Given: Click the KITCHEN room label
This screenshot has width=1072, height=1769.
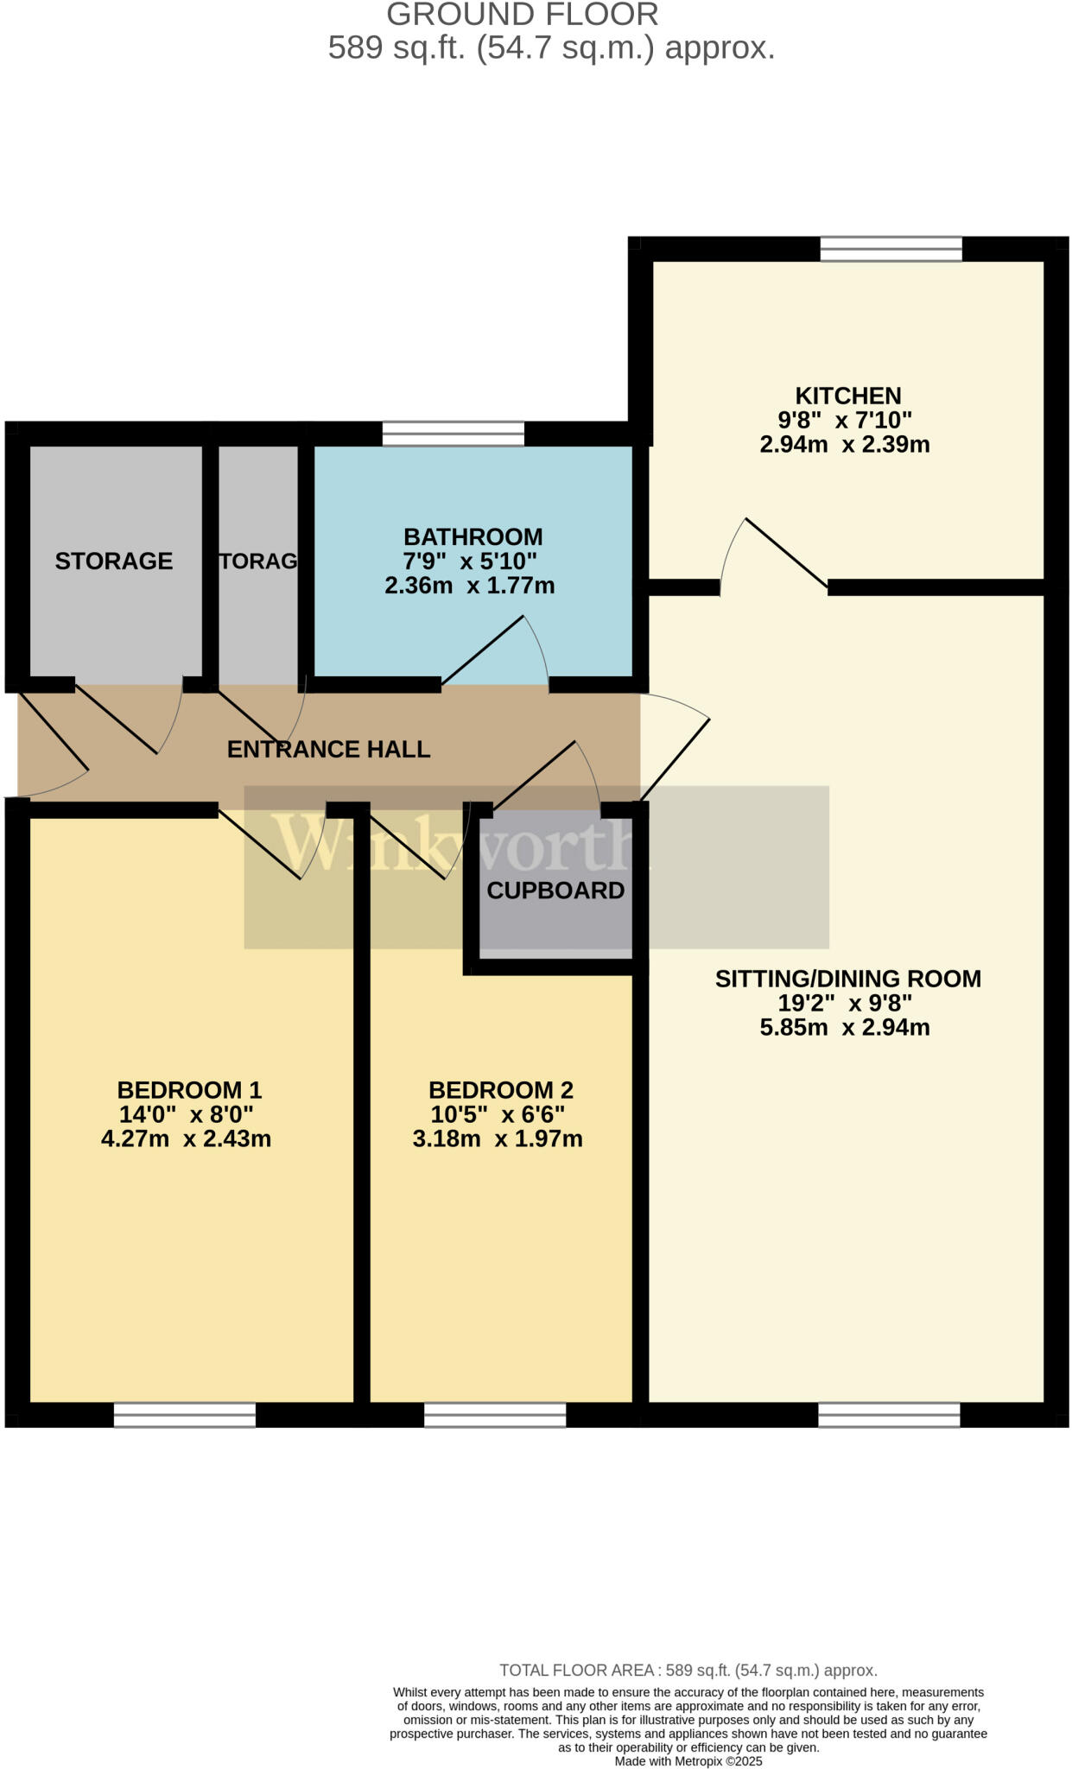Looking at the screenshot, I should pyautogui.click(x=847, y=396).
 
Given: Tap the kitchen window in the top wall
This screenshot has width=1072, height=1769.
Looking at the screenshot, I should pyautogui.click(x=890, y=249).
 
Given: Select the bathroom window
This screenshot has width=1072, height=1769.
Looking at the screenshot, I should pyautogui.click(x=453, y=434).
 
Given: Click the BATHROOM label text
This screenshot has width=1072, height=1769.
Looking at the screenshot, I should pyautogui.click(x=473, y=536).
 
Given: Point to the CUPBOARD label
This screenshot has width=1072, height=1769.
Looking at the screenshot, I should pyautogui.click(x=555, y=891).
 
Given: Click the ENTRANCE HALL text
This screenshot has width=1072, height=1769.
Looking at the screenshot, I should pyautogui.click(x=328, y=749).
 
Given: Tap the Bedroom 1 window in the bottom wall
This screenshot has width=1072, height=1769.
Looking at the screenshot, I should pyautogui.click(x=184, y=1414).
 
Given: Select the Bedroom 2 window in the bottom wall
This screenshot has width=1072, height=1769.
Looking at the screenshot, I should pyautogui.click(x=494, y=1414).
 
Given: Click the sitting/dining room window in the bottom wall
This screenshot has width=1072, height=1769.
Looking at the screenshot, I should pyautogui.click(x=888, y=1414).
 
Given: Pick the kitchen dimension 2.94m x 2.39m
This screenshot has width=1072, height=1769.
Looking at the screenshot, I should pyautogui.click(x=844, y=445).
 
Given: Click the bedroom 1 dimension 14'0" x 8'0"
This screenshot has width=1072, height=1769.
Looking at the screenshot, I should pyautogui.click(x=186, y=1114).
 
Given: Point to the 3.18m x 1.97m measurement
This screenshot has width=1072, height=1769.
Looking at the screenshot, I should pyautogui.click(x=497, y=1138).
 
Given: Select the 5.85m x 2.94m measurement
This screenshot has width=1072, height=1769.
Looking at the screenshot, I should pyautogui.click(x=844, y=1027).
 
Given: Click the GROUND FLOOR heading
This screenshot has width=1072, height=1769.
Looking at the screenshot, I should pyautogui.click(x=522, y=15).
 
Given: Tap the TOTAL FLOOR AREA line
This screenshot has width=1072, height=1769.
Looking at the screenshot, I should pyautogui.click(x=688, y=1670).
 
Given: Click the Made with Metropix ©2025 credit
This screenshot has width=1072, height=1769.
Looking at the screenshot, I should pyautogui.click(x=688, y=1760).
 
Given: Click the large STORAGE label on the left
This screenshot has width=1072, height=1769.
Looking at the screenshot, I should pyautogui.click(x=113, y=561).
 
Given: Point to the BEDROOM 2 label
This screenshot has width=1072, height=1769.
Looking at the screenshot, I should pyautogui.click(x=500, y=1090).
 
